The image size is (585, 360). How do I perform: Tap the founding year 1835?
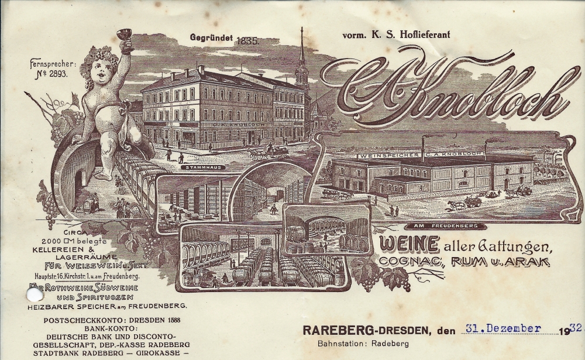coord(248,41)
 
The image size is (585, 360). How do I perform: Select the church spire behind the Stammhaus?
coord(302,59)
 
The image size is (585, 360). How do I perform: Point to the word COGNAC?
coord(414,262)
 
